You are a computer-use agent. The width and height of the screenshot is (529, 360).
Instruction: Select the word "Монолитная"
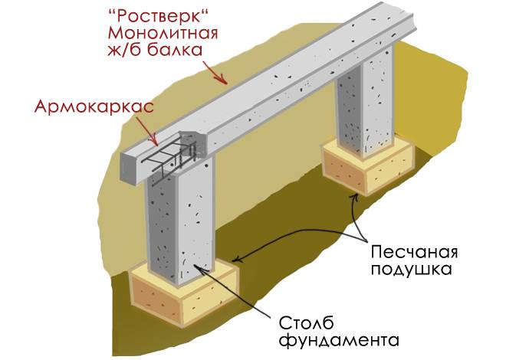click(x=163, y=34)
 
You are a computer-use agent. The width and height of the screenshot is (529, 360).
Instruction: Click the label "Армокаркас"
click(x=94, y=106)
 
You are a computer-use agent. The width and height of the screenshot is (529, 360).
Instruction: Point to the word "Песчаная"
click(x=414, y=251)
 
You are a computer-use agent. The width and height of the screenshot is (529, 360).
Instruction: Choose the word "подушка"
click(x=411, y=269)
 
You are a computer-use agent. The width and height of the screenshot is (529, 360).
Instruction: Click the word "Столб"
click(x=306, y=322)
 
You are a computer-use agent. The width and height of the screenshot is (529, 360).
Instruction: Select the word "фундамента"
click(x=340, y=340)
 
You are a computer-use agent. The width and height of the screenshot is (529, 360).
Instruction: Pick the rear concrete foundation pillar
click(x=364, y=101)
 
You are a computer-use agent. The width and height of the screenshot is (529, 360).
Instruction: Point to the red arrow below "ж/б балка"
click(x=215, y=72)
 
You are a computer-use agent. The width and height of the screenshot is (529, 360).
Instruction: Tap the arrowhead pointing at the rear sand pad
click(x=354, y=197)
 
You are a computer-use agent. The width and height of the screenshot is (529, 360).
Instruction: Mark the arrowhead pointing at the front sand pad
click(x=236, y=260)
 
